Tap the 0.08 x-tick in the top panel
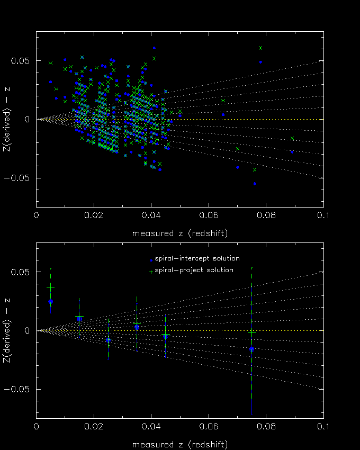tap(266, 215)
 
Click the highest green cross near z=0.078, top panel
tap(260, 48)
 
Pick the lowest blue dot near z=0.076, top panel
tap(255, 184)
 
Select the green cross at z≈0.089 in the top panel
tap(292, 138)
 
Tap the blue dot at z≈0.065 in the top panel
tap(223, 114)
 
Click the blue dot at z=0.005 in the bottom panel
tap(50, 301)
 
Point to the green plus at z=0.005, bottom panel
tap(50, 287)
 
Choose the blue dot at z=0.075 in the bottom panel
tap(252, 349)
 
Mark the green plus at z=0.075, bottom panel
tap(252, 332)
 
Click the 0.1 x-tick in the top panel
tap(323, 215)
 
